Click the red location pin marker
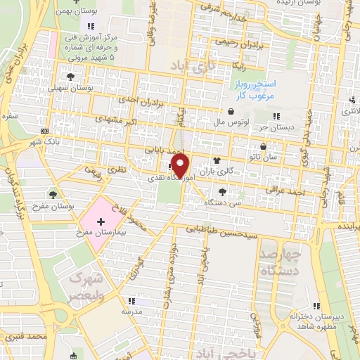tap(181, 167)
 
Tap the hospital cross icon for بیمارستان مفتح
tap(101, 221)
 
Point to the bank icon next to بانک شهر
tap(45, 131)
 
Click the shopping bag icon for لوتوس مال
tap(231, 110)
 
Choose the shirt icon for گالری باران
tap(226, 160)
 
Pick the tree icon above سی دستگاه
tap(222, 191)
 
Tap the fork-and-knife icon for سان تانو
tap(263, 147)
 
